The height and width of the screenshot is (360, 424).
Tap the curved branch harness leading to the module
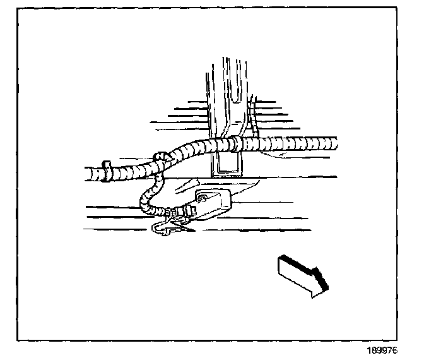[x=146, y=196]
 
